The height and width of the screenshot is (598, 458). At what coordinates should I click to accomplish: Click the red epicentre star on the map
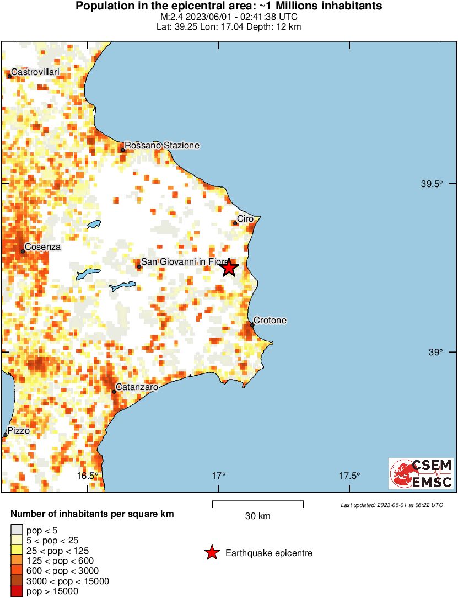pos(229,268)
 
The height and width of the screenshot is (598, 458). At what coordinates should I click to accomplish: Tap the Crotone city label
pos(270,321)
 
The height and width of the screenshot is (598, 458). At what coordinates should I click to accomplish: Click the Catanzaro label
pos(137,387)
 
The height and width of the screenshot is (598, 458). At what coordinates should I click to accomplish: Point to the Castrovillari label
pos(35,72)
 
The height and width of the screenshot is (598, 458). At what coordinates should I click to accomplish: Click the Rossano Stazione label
pos(162,145)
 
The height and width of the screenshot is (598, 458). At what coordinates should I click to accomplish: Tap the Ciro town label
pos(245,219)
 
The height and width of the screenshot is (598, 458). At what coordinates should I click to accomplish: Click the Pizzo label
pos(18,430)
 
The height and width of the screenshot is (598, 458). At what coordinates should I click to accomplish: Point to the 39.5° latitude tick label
pos(432,184)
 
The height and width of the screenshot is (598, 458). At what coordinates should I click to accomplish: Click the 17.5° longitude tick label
pos(349,476)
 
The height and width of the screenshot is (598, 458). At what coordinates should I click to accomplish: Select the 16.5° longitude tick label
pos(87,476)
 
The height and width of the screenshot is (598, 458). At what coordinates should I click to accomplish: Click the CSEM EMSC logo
pos(421,473)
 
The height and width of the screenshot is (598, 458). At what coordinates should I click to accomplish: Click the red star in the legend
pos(211,552)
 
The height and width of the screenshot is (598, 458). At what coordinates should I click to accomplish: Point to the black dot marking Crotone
pos(252,325)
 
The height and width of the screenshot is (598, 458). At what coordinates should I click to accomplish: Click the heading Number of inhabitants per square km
pos(92,514)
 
